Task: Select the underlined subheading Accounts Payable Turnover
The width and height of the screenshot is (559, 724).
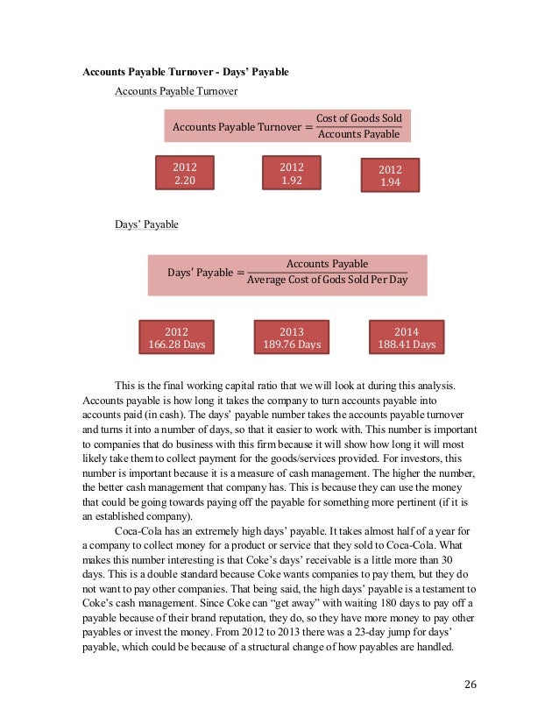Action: (x=176, y=90)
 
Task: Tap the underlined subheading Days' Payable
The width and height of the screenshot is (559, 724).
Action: (x=146, y=224)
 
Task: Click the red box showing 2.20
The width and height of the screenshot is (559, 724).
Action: (x=184, y=173)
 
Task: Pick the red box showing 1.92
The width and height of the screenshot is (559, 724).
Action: (x=291, y=173)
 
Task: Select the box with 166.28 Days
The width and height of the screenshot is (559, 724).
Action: (x=177, y=338)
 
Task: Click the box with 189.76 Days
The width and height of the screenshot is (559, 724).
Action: (x=291, y=338)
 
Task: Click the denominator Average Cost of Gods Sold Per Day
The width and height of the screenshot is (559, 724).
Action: (x=327, y=280)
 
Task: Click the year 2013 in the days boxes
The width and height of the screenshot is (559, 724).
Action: (x=291, y=332)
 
